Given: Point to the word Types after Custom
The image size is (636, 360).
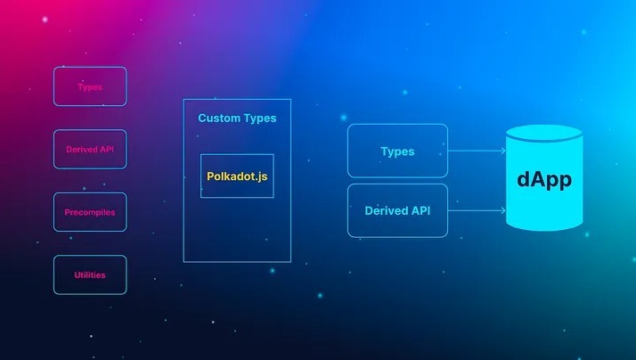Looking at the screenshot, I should point(259,118).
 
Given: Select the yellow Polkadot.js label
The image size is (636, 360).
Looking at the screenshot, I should point(237,176).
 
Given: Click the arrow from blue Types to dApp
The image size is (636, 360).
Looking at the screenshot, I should point(477,151).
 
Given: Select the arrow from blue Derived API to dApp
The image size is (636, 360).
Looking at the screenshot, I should point(477,211).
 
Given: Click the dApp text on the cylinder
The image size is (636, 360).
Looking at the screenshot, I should point(544,178).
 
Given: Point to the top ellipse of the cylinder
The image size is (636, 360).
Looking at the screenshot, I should point(544,135).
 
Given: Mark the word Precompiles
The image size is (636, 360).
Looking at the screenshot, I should point(90,212).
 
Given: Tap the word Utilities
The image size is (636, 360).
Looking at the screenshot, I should point(90,274).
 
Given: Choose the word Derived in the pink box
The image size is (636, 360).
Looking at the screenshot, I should point(82,149).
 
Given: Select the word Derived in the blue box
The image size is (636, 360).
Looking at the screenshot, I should point(386,211).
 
